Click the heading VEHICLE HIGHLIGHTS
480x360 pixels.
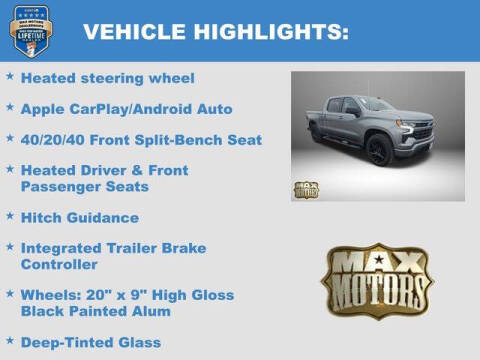point(215,32)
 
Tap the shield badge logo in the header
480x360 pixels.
point(36,30)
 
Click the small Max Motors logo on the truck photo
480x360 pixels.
point(306,189)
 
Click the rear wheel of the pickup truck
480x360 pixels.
point(319,134)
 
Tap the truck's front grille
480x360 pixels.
point(420,133)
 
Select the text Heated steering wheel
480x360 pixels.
point(107,77)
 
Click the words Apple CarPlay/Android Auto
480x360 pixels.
point(126,108)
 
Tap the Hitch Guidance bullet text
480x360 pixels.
point(80,217)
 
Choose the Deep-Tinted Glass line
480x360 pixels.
point(91,342)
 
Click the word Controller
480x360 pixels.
point(59,264)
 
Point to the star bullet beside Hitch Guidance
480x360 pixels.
point(9,216)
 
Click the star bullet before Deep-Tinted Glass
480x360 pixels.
point(9,341)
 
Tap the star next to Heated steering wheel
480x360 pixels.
point(9,76)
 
